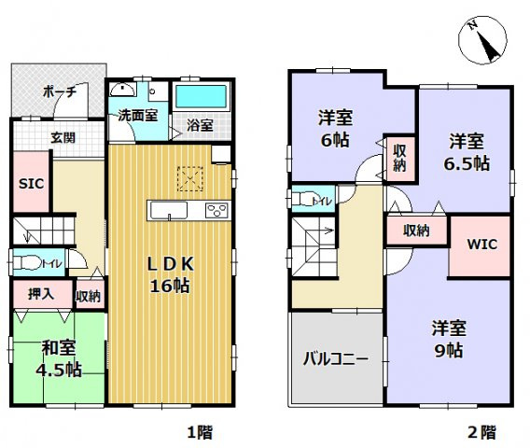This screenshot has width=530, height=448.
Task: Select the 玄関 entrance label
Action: pyautogui.click(x=63, y=138)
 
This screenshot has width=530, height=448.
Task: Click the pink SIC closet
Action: pyautogui.click(x=30, y=184)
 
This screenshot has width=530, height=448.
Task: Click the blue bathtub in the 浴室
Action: pyautogui.click(x=200, y=95)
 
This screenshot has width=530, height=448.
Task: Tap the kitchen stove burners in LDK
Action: pyautogui.click(x=216, y=209)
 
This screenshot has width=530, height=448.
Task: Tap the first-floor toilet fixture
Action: pyautogui.click(x=24, y=262)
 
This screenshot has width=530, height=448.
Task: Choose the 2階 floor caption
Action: pyautogui.click(x=481, y=432)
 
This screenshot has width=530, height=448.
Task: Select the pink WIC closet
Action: pyautogui.click(x=481, y=245)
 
